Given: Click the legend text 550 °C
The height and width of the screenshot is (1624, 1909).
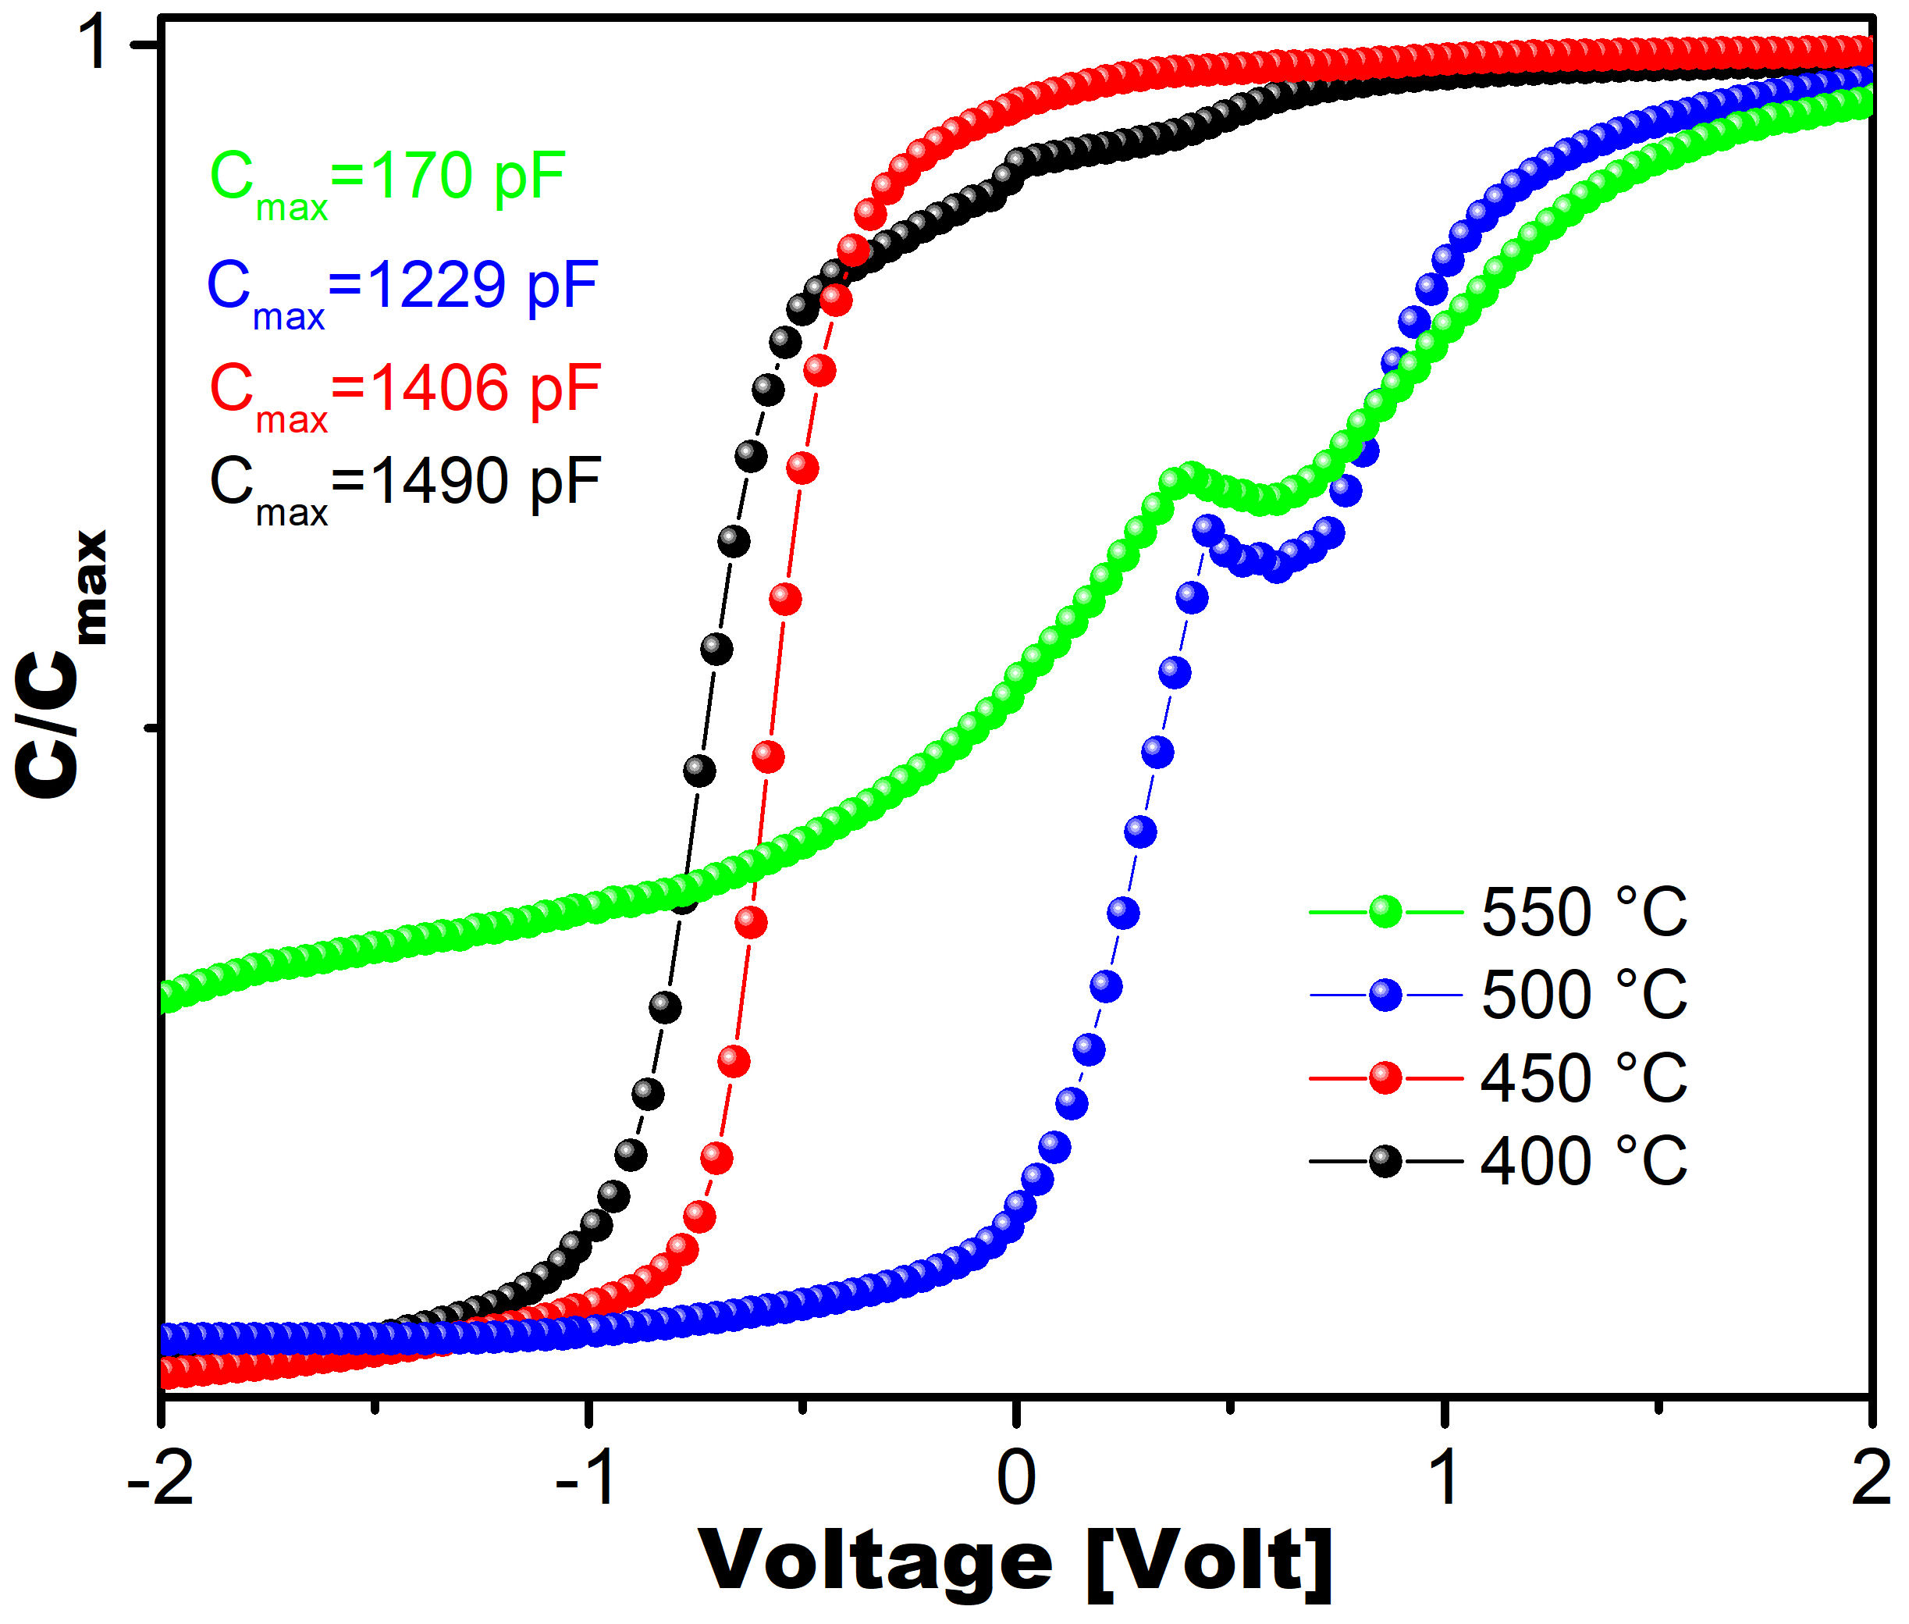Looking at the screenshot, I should click(x=1584, y=913).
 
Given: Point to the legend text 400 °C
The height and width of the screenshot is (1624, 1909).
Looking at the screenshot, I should click(x=1584, y=1160).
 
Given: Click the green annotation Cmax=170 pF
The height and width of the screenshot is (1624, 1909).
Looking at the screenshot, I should click(x=386, y=180).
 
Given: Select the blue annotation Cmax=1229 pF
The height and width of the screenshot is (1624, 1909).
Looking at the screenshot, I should click(x=402, y=288).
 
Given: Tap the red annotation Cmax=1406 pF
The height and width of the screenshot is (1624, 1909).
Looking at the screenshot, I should click(x=405, y=391).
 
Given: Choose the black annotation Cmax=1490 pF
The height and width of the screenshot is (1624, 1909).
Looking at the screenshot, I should click(x=405, y=484).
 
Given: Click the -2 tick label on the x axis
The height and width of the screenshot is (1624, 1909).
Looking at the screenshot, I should click(x=160, y=1478).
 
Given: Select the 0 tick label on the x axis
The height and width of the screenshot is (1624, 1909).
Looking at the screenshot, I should click(x=1015, y=1478).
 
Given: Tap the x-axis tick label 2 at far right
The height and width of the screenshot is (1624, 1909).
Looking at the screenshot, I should click(x=1869, y=1478).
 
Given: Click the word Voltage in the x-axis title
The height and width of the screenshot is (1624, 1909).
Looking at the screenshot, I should click(x=874, y=1559).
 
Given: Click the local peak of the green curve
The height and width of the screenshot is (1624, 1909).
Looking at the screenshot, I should click(x=1189, y=476).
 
